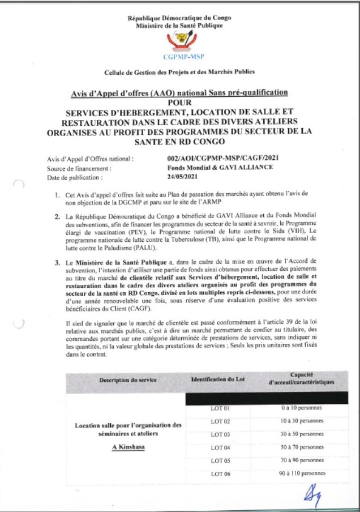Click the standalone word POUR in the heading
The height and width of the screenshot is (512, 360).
coord(179,102)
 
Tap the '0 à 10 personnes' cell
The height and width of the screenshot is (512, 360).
coord(301,408)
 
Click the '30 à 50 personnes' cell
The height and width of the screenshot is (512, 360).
coord(301,434)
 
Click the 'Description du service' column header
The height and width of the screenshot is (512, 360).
coord(128,379)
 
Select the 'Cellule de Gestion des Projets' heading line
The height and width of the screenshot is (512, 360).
coord(179,72)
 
